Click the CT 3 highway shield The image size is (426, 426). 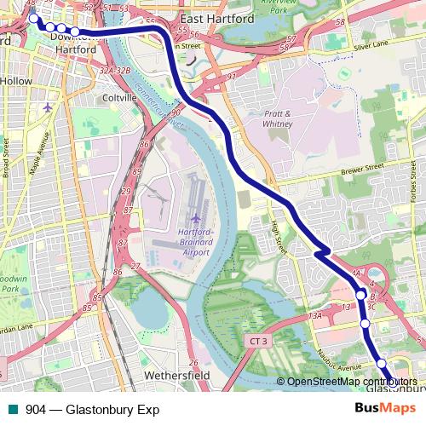point(261,341)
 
